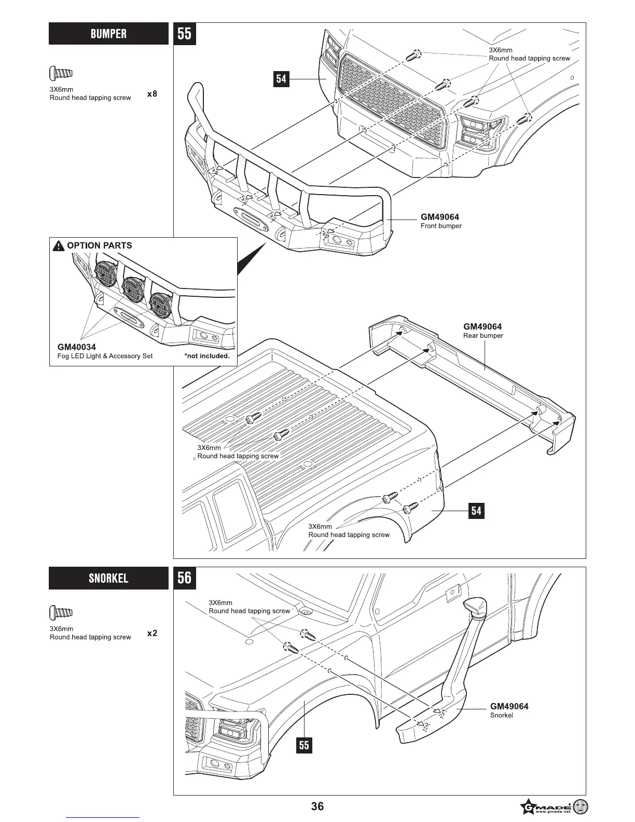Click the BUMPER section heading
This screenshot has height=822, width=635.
108,34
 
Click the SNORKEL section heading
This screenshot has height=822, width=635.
108,578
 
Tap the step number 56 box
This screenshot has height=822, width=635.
184,578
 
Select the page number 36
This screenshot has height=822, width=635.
317,806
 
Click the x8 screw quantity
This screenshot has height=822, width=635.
152,94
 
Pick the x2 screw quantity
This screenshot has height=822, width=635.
152,633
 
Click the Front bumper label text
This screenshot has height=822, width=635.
440,226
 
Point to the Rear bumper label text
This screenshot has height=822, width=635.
483,336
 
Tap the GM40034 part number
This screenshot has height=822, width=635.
76,347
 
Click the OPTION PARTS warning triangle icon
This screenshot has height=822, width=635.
59,245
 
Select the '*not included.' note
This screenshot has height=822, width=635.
206,356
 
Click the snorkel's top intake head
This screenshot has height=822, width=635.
476,607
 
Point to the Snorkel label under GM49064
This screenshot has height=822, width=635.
501,716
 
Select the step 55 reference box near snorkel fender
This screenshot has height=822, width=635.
304,746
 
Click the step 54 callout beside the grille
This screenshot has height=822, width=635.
281,79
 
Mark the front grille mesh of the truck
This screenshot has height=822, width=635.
391,104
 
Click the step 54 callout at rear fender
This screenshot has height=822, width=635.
476,511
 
